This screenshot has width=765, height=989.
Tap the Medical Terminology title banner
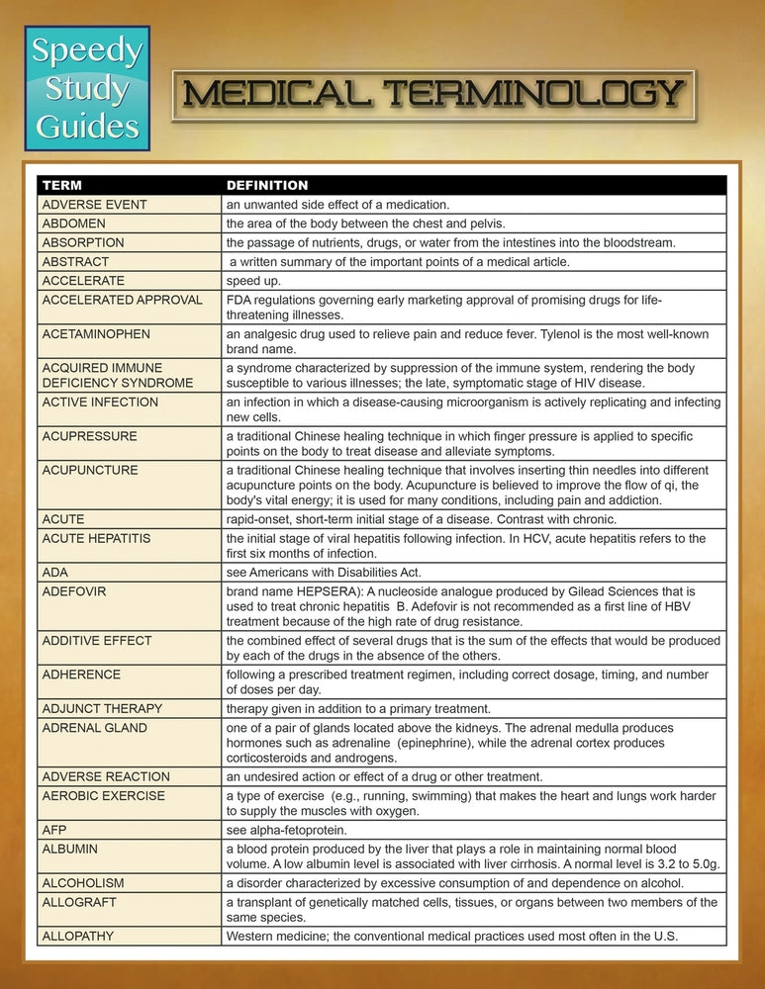[x=433, y=95]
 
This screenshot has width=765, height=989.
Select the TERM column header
[x=61, y=185]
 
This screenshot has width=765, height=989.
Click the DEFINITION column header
[x=267, y=185]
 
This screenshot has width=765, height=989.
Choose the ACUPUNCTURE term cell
[x=90, y=470]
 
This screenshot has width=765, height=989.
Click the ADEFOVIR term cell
[x=74, y=591]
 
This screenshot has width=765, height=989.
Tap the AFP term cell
[x=54, y=830]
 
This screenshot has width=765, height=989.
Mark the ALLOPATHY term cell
[x=78, y=936]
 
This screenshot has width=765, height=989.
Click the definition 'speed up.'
[x=254, y=280]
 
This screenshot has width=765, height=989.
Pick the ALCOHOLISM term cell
[x=83, y=883]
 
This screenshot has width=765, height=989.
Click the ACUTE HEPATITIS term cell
[x=96, y=538]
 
